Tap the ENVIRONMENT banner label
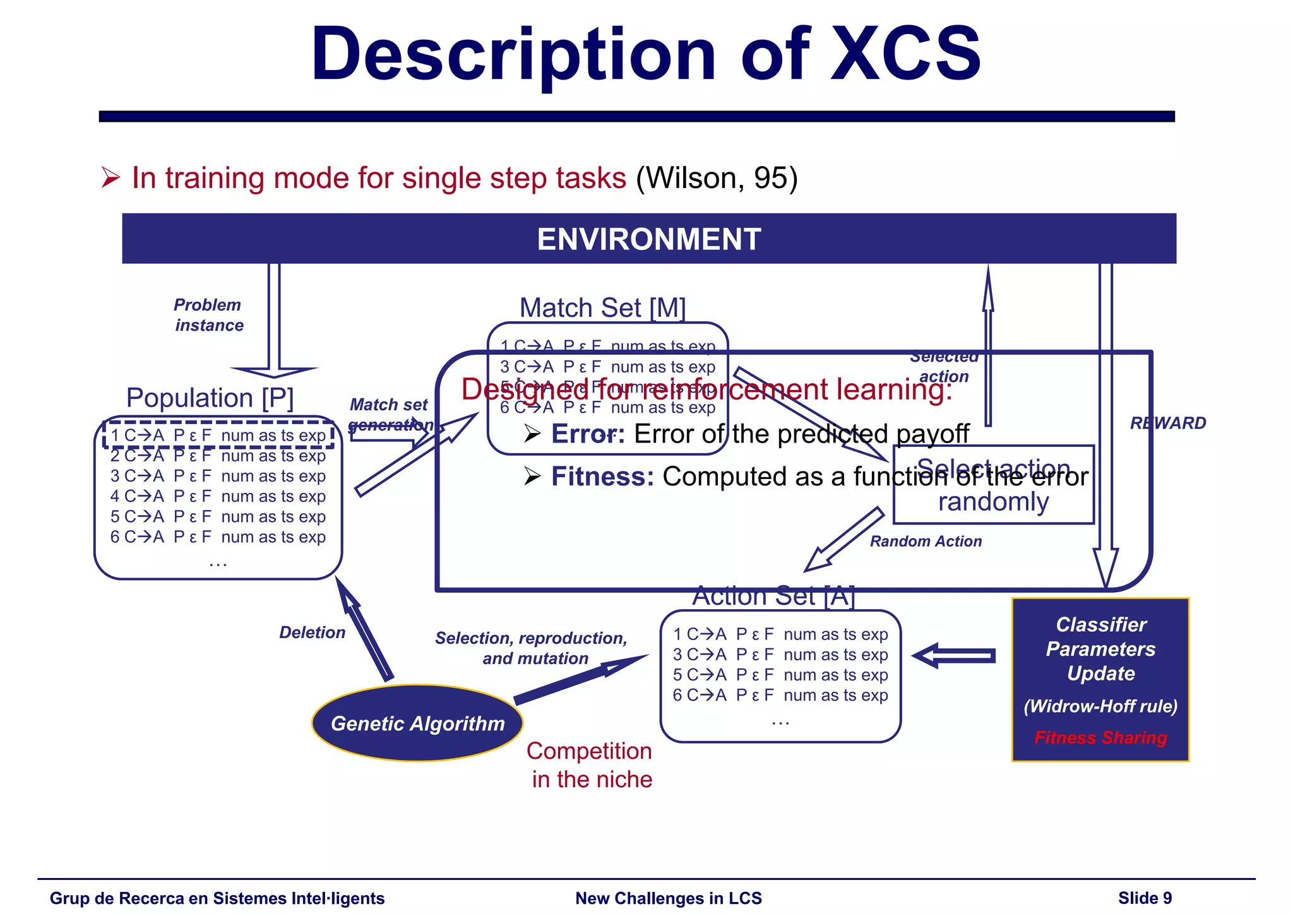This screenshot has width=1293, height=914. [648, 239]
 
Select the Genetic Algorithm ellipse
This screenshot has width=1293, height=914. [417, 723]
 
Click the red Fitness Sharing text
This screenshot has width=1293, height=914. [1100, 737]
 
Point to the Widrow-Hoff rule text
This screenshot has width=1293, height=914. [1100, 706]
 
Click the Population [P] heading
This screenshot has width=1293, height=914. [210, 398]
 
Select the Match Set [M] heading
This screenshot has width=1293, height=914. [602, 308]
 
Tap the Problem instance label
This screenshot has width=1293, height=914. [208, 315]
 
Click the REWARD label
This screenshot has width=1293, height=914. [1167, 423]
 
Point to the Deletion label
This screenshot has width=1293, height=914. [312, 632]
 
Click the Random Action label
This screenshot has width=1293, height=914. [926, 542]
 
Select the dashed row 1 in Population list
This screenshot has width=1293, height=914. [218, 435]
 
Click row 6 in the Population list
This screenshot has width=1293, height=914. [218, 537]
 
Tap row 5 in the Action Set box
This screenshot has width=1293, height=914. [780, 675]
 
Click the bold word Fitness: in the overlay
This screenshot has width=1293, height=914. [602, 477]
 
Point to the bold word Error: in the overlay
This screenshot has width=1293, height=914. [588, 434]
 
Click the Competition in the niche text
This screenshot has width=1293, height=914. [590, 765]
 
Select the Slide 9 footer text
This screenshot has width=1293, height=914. [1145, 898]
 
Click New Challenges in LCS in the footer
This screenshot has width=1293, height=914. [669, 898]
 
